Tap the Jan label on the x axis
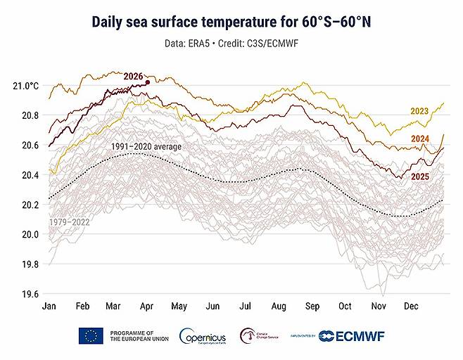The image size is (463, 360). (49, 307)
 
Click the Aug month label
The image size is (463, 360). (279, 307)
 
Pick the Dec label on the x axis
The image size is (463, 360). (411, 307)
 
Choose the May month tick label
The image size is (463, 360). (180, 307)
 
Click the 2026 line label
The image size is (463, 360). (133, 76)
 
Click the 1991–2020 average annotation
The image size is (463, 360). (146, 146)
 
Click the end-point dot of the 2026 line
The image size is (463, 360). (147, 82)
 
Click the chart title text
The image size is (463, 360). (231, 22)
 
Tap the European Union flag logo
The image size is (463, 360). (91, 335)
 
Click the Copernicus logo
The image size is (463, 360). (203, 336)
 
